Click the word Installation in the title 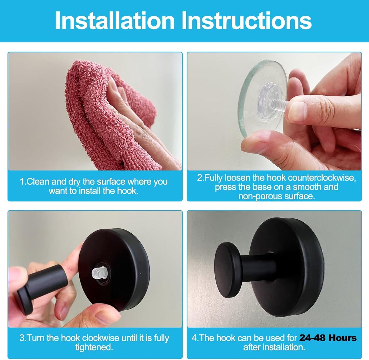[115, 21]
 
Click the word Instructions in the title [246, 21]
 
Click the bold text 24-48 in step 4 [312, 338]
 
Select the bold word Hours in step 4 [343, 338]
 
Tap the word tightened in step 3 [94, 347]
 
